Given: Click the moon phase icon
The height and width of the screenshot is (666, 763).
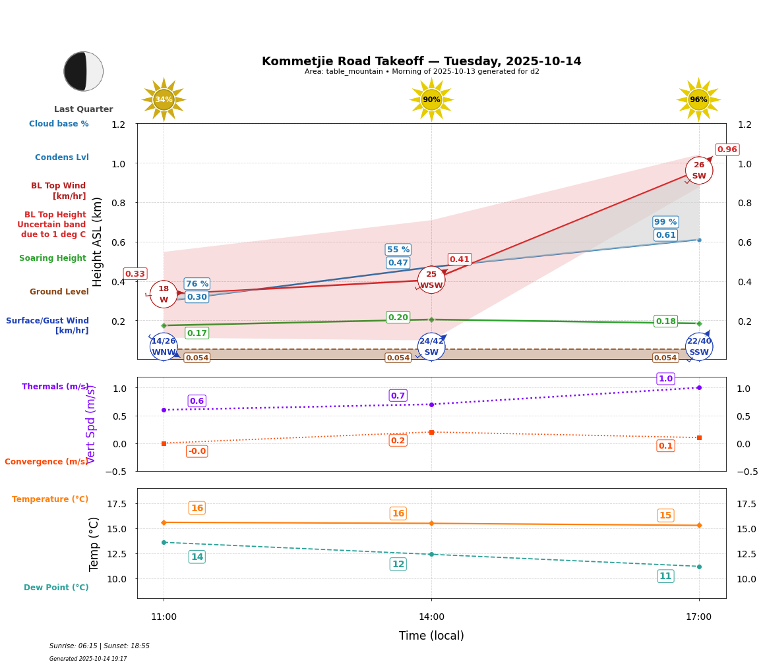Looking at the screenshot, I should click(84, 71).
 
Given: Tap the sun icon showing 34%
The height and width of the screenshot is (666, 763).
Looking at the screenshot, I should click(164, 99).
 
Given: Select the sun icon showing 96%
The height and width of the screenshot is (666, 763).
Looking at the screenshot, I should click(698, 99).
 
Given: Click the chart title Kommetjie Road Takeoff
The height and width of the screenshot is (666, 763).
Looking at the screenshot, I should click(421, 61).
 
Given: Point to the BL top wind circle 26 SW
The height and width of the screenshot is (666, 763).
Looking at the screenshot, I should click(698, 171).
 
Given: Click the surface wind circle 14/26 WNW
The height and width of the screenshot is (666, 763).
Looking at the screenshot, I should click(164, 347).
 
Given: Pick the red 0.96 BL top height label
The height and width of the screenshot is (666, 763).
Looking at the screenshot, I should click(727, 150).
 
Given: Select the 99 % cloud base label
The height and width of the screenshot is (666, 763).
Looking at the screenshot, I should click(665, 222).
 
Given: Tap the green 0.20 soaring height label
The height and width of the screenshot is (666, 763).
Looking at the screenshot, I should click(398, 318).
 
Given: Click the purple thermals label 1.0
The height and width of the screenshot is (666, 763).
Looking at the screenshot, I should click(665, 379).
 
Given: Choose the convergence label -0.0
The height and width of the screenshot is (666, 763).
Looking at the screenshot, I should click(197, 451).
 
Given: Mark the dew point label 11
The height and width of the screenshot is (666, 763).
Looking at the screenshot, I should click(665, 576).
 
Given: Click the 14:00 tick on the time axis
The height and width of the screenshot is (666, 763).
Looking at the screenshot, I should click(431, 617).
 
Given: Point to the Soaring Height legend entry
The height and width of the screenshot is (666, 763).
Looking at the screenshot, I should click(53, 258).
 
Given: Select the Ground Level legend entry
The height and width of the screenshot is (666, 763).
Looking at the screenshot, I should click(59, 292).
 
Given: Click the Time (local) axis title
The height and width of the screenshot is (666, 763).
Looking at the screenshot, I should click(431, 636).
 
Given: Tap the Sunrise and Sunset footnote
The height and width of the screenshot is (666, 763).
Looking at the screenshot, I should click(100, 646).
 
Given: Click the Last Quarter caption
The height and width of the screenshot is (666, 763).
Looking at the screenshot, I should click(84, 109).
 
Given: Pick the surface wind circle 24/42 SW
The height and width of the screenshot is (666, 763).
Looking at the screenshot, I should click(431, 347).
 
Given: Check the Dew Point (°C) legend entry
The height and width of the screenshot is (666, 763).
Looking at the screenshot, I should click(56, 588).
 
